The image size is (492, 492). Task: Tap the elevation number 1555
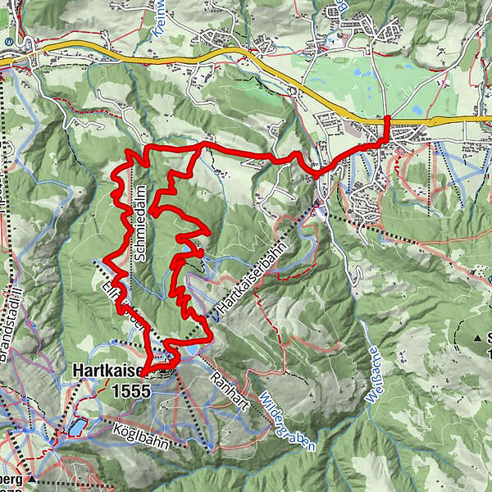[x=128, y=391]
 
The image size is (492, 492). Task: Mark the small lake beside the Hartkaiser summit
[x=190, y=349]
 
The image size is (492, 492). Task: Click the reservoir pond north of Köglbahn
[x=75, y=427]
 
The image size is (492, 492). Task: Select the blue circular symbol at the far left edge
[x=7, y=40]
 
